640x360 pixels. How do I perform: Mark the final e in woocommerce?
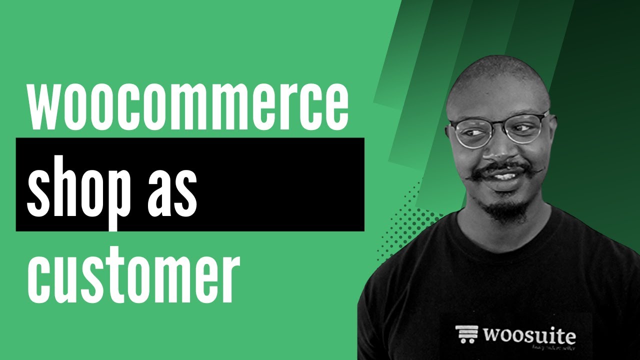click(335, 107)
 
